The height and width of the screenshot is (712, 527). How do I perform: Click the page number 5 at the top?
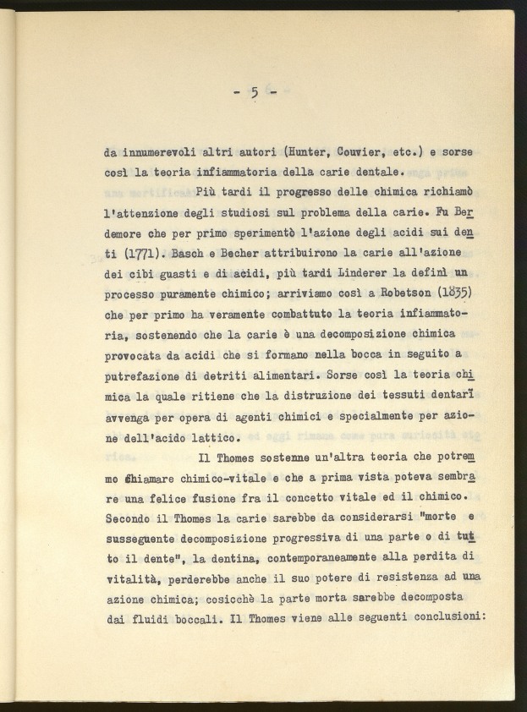point(254,93)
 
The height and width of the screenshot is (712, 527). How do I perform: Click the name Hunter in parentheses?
point(310,153)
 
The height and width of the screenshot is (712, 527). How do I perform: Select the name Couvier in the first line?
point(366,153)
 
